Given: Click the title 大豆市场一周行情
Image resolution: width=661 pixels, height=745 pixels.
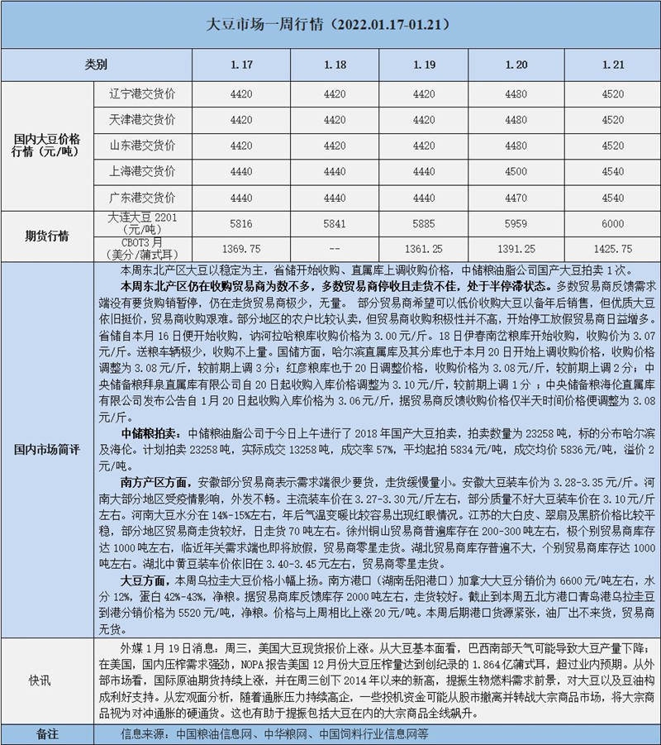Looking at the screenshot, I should point(328,25).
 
